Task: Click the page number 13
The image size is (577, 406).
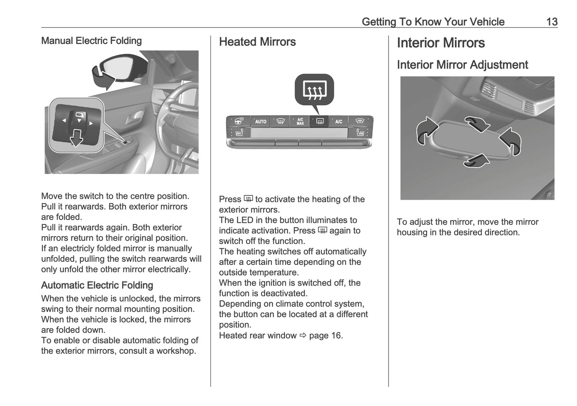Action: click(551, 22)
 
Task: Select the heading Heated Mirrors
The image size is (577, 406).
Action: click(257, 42)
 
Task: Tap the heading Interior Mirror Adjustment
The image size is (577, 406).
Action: click(462, 65)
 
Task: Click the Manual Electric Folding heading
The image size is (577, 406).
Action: click(91, 41)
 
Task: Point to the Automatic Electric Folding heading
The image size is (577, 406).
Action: click(97, 285)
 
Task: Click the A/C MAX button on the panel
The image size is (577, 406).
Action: click(300, 121)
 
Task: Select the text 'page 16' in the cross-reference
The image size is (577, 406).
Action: click(325, 335)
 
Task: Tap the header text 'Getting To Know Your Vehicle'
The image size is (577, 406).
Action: click(433, 22)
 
